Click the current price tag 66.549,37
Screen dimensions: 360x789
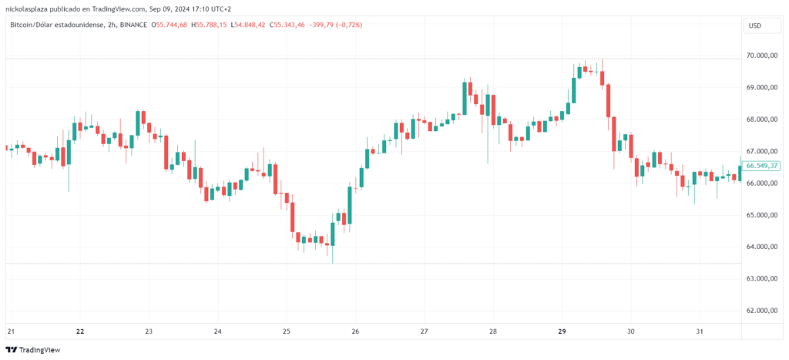[762, 166]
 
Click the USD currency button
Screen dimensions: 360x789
[754, 25]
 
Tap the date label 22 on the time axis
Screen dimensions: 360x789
[80, 331]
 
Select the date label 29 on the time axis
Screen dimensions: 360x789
[562, 331]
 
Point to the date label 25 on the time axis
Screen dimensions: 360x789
[287, 331]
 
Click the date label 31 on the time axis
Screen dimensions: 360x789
[700, 331]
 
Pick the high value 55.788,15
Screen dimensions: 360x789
[222, 25]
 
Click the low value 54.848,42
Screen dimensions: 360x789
[266, 25]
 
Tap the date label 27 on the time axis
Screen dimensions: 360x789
[424, 331]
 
